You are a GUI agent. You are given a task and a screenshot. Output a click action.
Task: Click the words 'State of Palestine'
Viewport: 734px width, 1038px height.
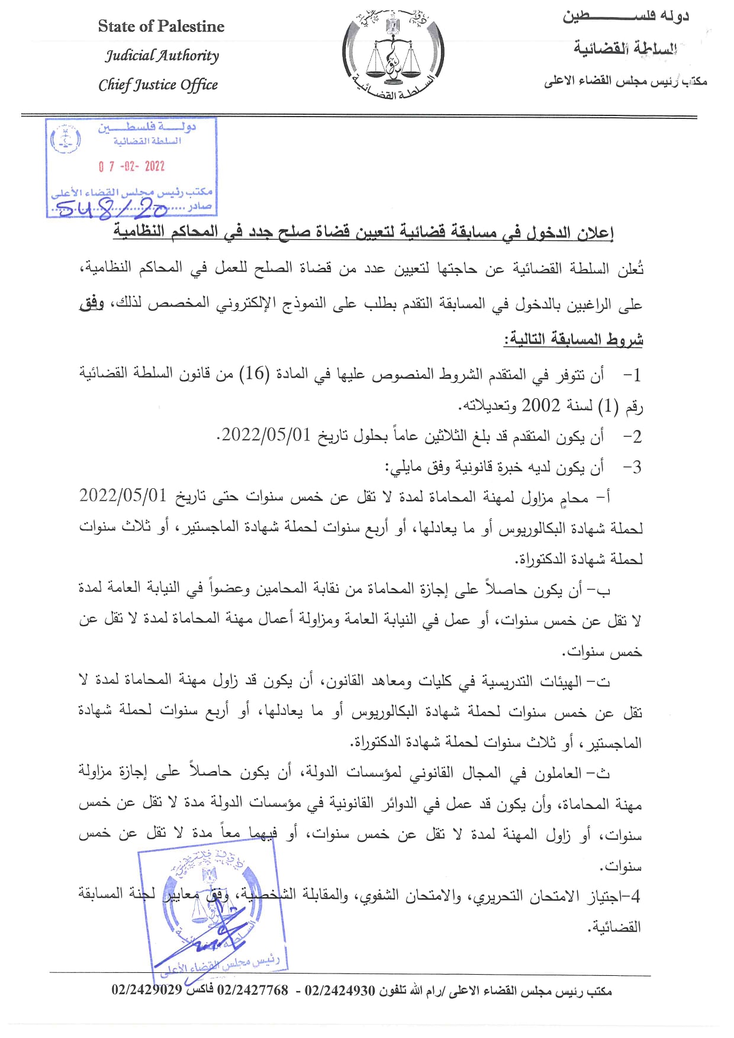point(161,27)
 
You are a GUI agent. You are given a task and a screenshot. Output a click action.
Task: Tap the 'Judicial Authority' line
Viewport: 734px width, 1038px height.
point(162,56)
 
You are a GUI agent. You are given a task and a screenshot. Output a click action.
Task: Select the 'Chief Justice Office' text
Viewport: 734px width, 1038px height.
point(158,85)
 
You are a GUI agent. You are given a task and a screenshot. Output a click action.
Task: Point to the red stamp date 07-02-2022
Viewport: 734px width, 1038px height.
point(131,166)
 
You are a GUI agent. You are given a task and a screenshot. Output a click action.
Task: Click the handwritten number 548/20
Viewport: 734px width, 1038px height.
point(111,207)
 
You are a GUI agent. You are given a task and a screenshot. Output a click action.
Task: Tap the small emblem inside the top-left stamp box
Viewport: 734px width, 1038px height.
point(66,139)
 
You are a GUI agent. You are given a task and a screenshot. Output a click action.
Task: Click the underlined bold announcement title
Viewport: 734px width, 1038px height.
point(363,233)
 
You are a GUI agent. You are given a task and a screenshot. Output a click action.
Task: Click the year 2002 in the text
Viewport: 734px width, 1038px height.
point(540,405)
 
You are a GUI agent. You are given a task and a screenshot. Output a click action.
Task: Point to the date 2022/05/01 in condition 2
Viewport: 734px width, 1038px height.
point(266,436)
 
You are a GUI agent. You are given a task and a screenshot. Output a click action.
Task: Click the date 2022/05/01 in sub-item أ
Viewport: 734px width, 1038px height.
point(123,495)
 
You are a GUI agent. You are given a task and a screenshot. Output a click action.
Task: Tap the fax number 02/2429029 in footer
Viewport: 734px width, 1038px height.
point(147,990)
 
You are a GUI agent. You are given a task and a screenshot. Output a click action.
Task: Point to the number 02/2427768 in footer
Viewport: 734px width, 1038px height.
point(253,990)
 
